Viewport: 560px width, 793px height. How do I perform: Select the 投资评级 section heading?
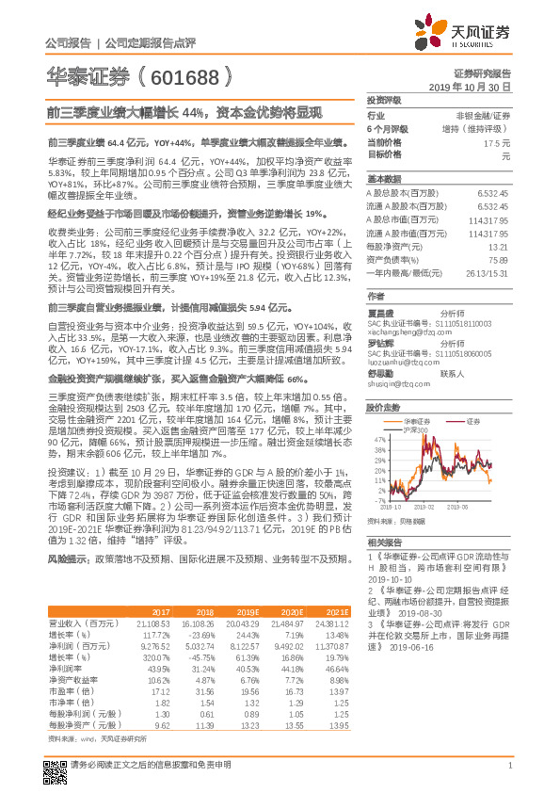point(383,99)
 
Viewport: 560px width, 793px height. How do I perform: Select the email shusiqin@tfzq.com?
point(394,383)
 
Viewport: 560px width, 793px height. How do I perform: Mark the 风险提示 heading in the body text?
point(65,558)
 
